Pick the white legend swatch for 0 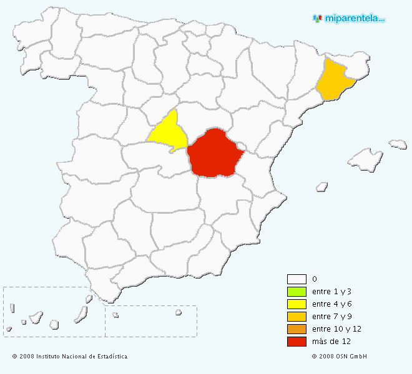(297, 279)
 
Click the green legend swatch (297, 292)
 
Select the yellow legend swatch (297, 304)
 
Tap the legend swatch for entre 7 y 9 (297, 317)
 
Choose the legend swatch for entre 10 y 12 (297, 329)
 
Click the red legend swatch (297, 342)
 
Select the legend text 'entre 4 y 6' (331, 304)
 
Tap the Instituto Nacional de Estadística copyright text (69, 357)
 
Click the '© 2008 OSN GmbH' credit (339, 357)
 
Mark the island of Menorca (398, 145)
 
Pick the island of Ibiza (322, 186)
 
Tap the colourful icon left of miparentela (317, 19)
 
